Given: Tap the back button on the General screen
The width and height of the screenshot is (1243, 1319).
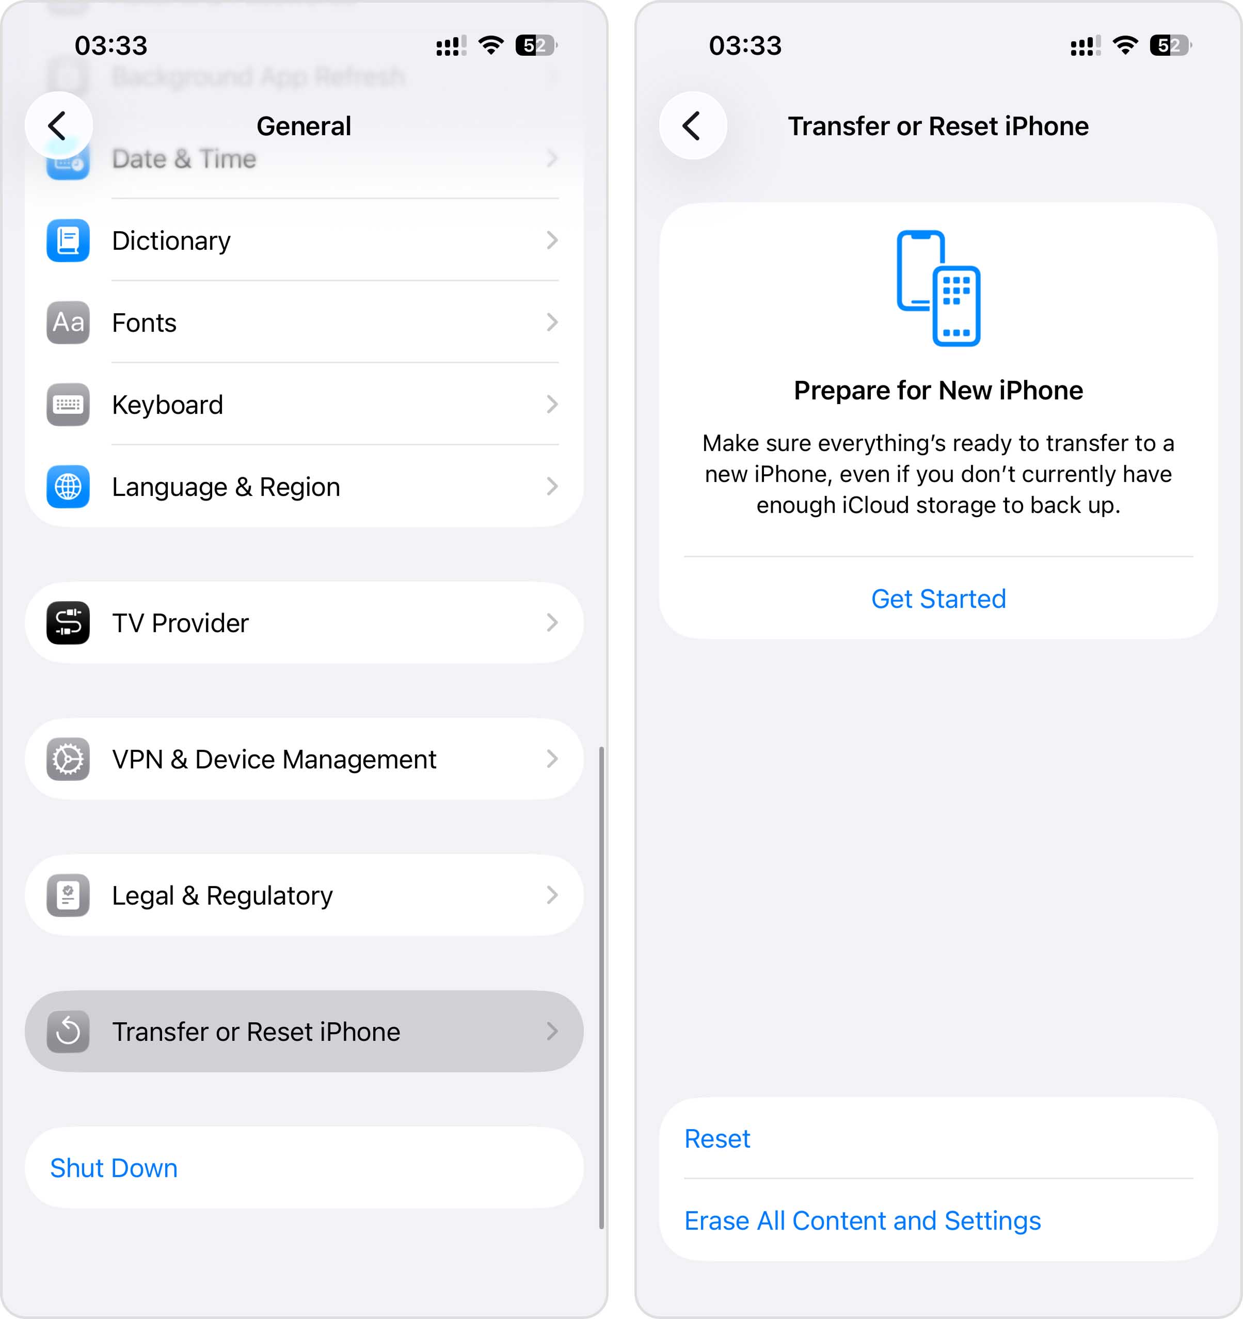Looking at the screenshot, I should tap(58, 125).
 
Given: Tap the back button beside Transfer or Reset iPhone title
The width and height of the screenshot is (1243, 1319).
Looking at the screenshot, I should tap(692, 125).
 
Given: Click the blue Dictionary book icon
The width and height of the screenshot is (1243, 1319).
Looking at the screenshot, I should tap(68, 240).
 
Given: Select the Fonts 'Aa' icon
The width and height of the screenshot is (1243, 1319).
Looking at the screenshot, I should tap(68, 323).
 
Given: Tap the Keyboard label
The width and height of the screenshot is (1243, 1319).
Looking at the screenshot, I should tap(167, 405).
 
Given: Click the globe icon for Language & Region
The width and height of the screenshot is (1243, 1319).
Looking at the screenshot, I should tap(68, 486).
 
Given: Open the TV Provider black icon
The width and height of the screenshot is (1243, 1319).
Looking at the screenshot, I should tap(68, 622).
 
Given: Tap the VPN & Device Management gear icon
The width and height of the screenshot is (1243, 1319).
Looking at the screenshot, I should tap(68, 759).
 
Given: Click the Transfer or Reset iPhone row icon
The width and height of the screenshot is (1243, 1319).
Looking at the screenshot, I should tap(68, 1031).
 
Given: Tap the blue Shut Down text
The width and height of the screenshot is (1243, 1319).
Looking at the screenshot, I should tap(114, 1168).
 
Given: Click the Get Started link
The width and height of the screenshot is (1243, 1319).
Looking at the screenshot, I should tap(938, 599).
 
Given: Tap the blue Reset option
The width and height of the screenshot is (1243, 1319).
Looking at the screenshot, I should tap(716, 1138).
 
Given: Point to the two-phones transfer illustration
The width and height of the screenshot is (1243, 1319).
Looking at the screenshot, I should tap(938, 288).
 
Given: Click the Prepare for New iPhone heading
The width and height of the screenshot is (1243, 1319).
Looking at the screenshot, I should tap(938, 390).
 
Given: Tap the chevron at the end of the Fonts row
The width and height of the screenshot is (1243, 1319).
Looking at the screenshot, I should tap(551, 323).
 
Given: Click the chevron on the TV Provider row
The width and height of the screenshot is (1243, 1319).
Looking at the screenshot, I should tap(551, 622).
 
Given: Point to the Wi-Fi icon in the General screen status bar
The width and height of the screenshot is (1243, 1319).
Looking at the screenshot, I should tap(490, 45).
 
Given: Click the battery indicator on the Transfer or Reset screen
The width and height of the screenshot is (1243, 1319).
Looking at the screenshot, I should tap(1171, 45).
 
